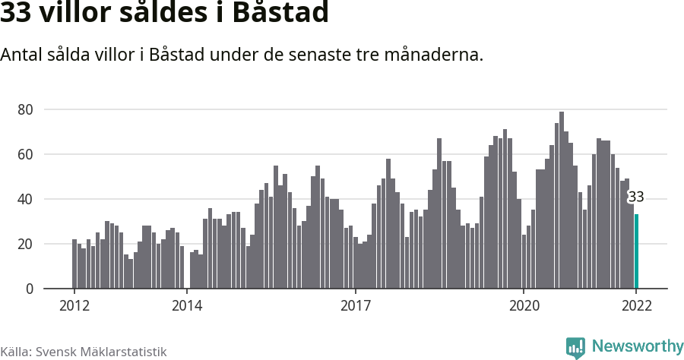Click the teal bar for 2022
coord(636,251)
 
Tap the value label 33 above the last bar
coord(636,197)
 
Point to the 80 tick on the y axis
coord(25,109)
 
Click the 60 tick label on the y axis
coord(25,154)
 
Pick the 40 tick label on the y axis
coord(25,199)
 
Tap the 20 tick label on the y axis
coord(25,244)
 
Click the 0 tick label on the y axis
coord(30,289)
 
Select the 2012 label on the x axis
coord(74,306)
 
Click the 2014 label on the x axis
coord(187,306)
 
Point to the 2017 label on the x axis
coord(355,306)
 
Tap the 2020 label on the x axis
coord(524,306)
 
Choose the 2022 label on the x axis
coord(636,306)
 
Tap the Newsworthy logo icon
coord(575,347)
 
